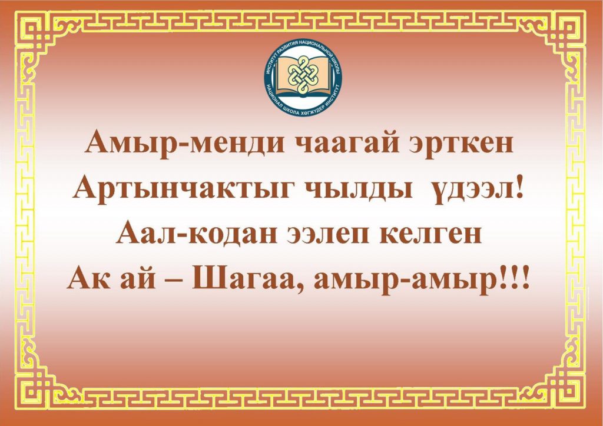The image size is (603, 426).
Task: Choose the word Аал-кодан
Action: click(x=197, y=233)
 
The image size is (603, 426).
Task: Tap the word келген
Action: click(x=430, y=234)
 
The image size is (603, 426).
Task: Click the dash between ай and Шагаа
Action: click(x=174, y=280)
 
